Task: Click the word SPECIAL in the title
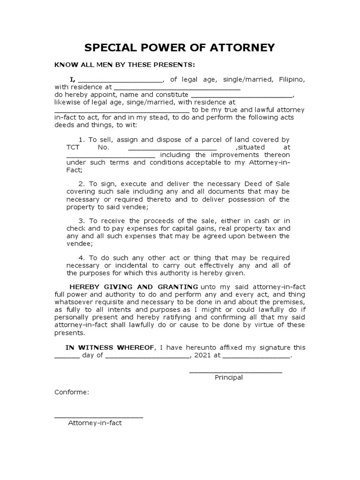[111, 48]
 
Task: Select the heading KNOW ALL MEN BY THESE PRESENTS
[124, 64]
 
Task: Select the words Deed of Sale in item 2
[274, 184]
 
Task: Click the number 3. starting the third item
[81, 221]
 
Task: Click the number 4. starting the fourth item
[81, 257]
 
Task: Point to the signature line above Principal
[235, 372]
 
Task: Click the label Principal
[229, 377]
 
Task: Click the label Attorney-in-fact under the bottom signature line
[95, 423]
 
